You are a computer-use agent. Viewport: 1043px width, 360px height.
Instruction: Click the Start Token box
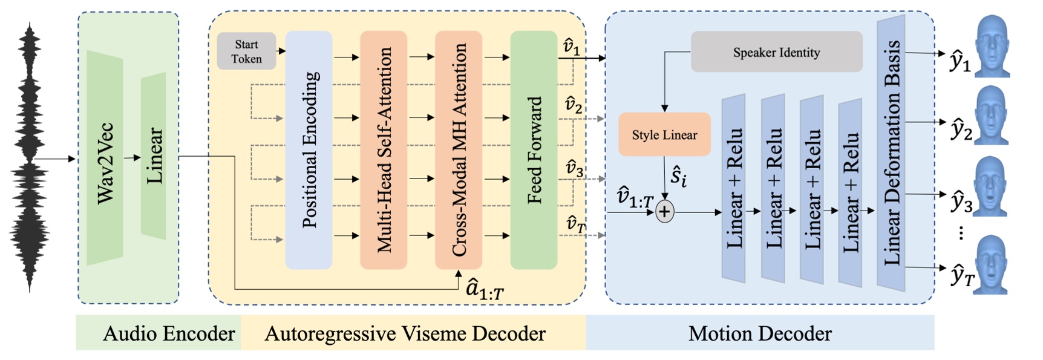pos(246,51)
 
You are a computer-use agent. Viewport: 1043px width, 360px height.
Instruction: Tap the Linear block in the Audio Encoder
pos(154,156)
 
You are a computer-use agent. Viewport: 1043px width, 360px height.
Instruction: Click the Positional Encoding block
pos(309,150)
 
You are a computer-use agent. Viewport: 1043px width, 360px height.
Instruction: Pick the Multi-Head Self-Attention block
pos(384,150)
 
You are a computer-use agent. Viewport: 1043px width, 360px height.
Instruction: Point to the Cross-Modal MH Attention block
pos(459,150)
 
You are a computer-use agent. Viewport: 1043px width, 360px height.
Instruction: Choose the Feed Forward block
pos(534,150)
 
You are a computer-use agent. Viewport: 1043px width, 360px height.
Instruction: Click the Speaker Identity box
pos(776,53)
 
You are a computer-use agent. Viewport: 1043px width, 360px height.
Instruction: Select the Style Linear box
pos(664,135)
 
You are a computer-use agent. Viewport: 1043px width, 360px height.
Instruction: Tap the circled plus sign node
pos(664,212)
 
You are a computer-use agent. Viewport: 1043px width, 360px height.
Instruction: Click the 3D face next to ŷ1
pos(992,47)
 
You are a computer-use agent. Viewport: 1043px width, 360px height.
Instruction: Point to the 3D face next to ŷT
pos(992,265)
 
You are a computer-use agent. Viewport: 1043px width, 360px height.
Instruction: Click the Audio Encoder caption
pos(169,333)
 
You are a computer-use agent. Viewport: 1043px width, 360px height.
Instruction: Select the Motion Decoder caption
pos(760,333)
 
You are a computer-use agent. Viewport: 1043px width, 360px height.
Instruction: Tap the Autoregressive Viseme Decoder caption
pos(405,333)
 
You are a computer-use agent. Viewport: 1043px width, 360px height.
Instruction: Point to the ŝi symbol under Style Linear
pos(678,177)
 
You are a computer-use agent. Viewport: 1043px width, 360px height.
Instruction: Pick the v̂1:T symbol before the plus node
pos(635,197)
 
